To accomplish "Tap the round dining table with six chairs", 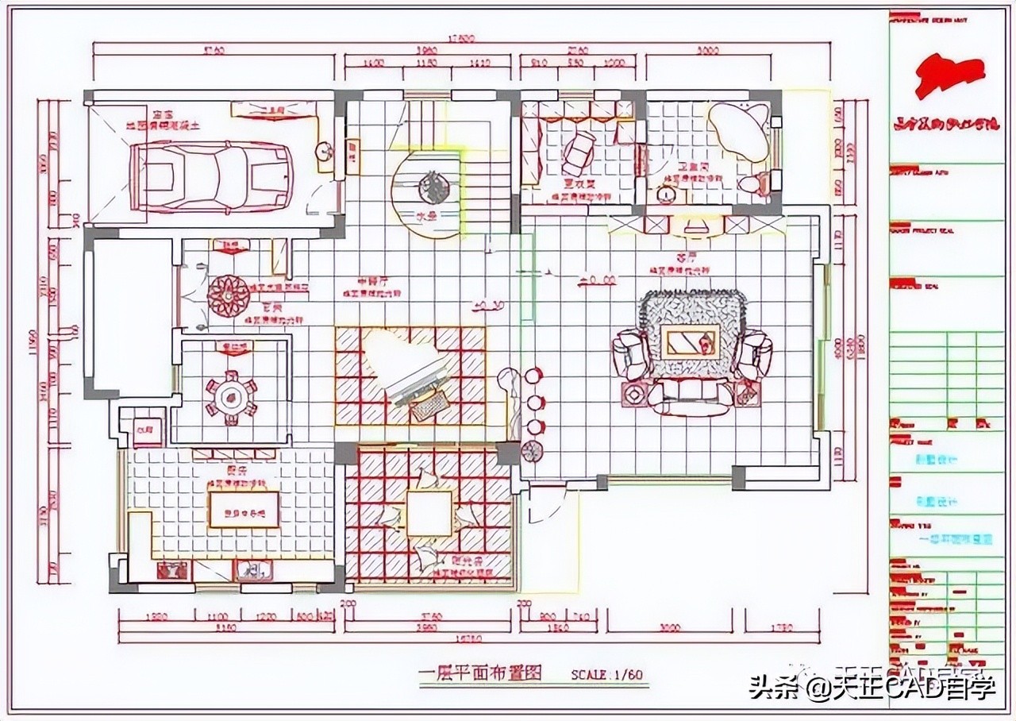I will (231, 399).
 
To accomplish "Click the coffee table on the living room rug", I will (692, 341).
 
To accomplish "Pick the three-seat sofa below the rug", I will (689, 395).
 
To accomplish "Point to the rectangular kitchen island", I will (243, 509).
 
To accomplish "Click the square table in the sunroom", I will (429, 512).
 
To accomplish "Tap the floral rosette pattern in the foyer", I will (229, 295).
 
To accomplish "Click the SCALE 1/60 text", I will (606, 674).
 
